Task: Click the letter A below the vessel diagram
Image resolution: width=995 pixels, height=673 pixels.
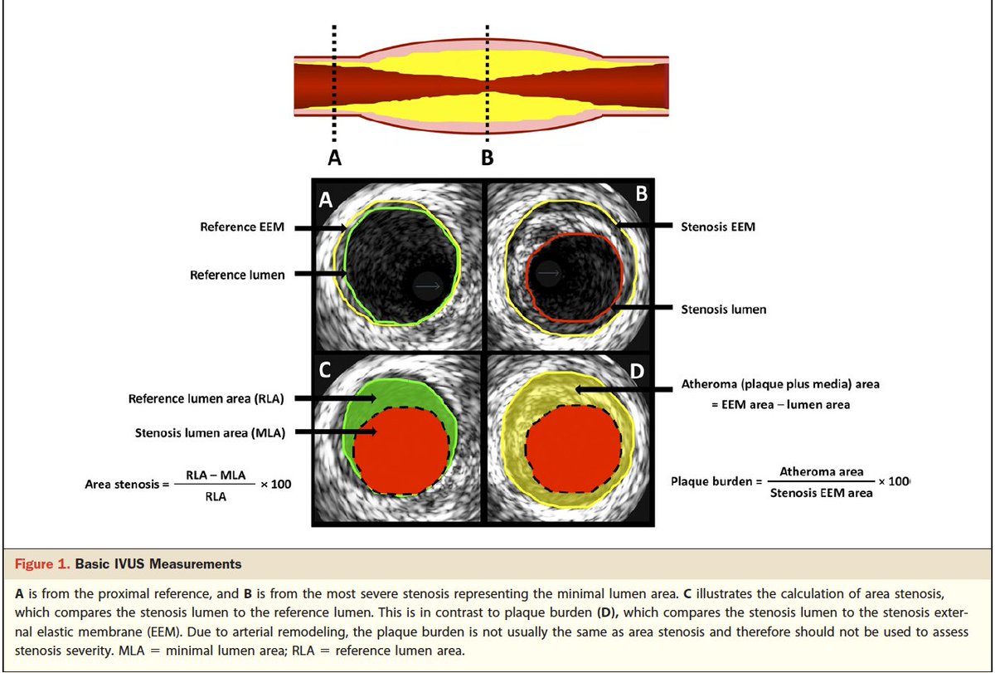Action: click(x=334, y=156)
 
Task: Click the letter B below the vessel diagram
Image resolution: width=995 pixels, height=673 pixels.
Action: click(x=487, y=156)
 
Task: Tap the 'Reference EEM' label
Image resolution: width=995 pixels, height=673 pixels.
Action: click(x=242, y=227)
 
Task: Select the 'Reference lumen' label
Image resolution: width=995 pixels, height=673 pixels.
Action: click(x=237, y=275)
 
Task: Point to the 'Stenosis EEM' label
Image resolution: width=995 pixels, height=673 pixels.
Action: click(x=718, y=226)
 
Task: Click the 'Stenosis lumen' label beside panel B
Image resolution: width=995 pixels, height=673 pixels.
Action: click(x=723, y=310)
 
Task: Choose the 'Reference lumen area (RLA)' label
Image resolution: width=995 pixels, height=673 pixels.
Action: click(x=206, y=399)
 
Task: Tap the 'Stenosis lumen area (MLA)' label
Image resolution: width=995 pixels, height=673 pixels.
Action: click(x=210, y=432)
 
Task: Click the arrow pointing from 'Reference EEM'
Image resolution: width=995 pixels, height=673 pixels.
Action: click(x=320, y=227)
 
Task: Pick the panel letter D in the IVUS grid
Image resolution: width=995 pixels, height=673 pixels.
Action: click(x=637, y=370)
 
